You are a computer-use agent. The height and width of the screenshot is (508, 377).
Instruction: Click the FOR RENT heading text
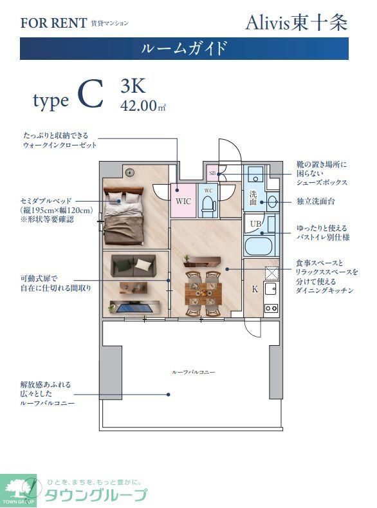tap(53, 23)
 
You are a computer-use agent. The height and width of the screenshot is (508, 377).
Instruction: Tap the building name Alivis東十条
tap(296, 23)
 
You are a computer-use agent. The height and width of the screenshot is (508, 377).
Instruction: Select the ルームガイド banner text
tap(184, 48)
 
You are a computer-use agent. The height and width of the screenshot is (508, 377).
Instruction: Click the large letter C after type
tap(90, 95)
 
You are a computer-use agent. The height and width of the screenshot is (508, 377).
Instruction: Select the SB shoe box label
tap(212, 174)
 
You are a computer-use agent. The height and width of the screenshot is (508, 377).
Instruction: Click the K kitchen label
tap(255, 289)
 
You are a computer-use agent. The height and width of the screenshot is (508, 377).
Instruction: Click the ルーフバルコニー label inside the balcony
tap(193, 372)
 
